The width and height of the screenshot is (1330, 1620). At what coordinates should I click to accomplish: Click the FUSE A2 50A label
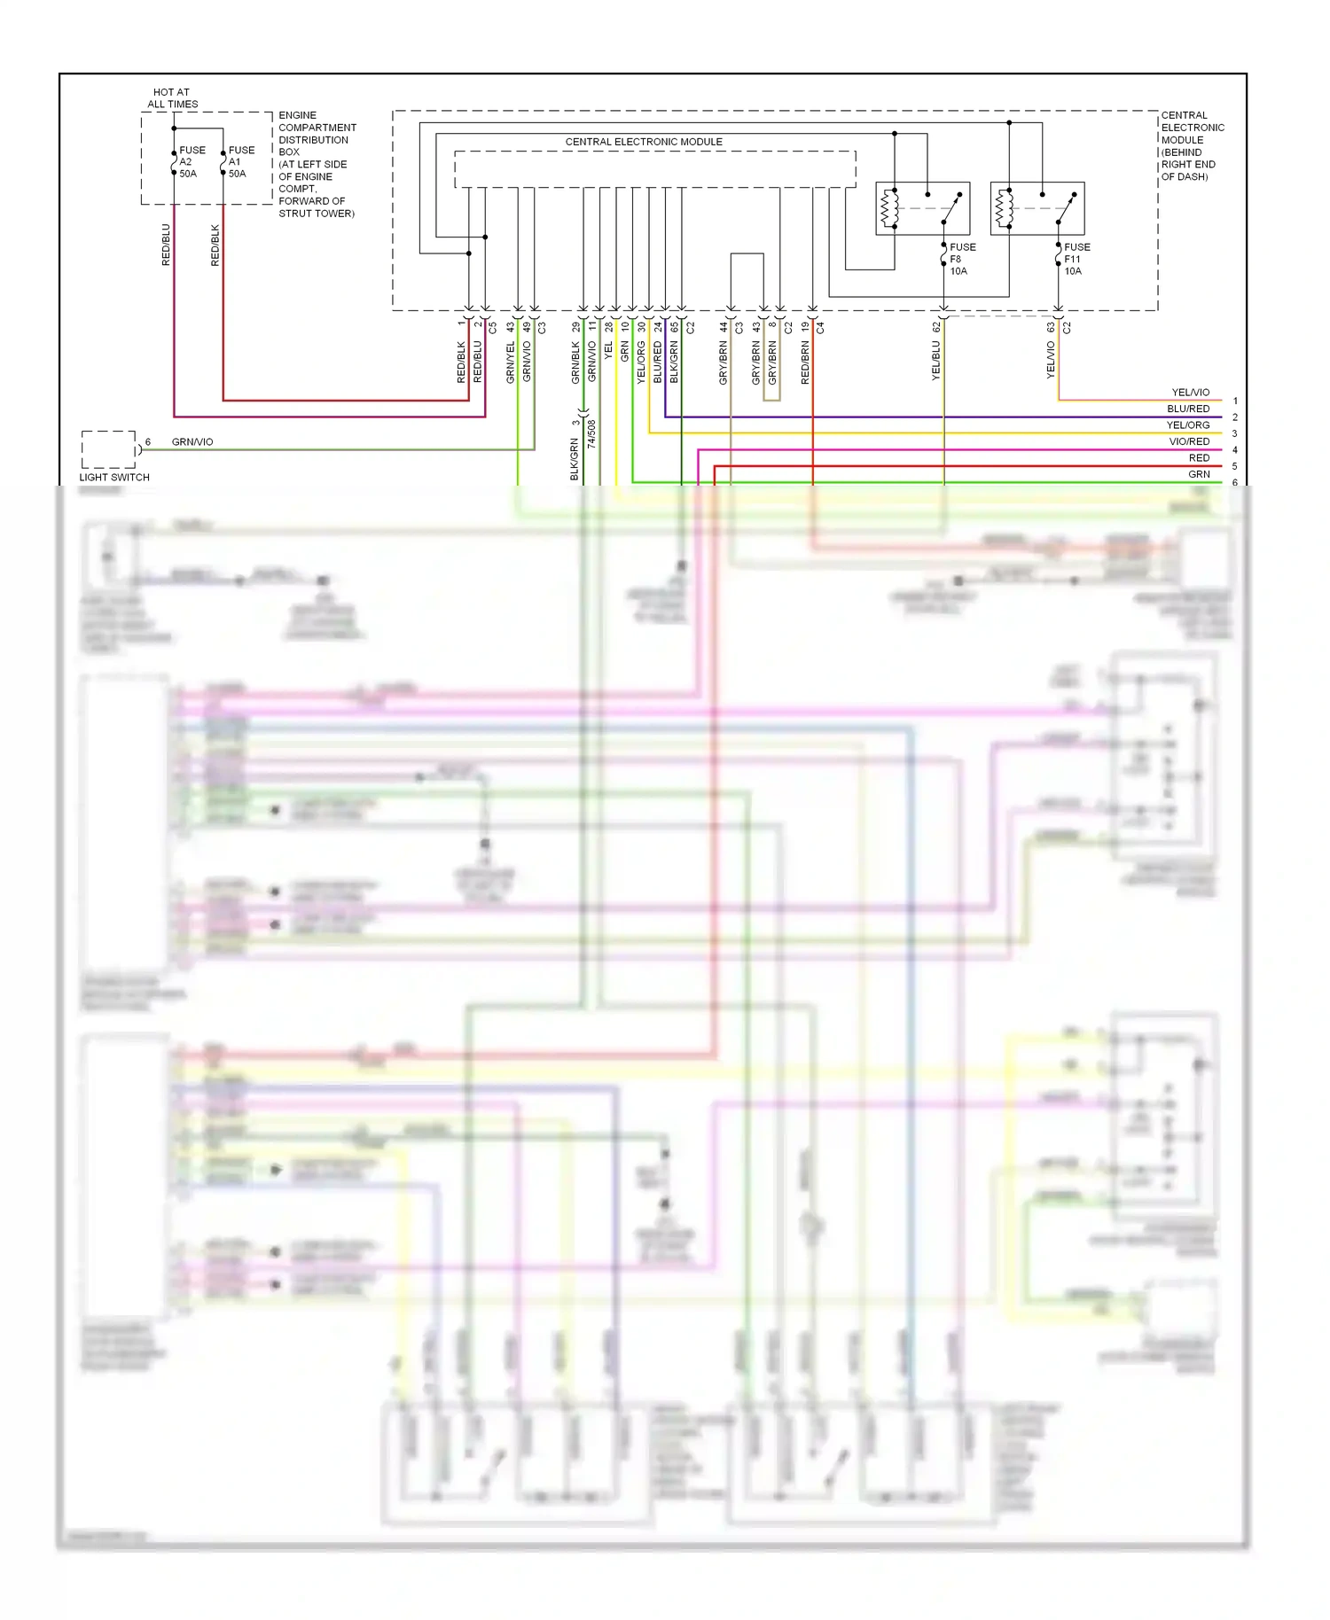point(191,162)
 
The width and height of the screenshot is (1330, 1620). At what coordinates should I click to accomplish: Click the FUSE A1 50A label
point(240,162)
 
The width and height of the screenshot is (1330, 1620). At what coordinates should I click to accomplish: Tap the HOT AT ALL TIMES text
point(172,98)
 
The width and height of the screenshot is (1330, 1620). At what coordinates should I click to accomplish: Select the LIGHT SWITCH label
point(114,477)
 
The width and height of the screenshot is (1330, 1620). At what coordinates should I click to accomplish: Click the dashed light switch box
point(108,449)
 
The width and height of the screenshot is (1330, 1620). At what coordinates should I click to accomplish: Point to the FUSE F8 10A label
point(961,259)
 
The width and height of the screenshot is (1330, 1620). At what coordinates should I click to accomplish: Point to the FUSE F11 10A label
point(1076,259)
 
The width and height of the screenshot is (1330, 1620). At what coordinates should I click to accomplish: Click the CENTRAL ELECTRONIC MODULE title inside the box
point(644,142)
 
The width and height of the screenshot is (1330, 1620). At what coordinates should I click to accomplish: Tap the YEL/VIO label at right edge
point(1190,393)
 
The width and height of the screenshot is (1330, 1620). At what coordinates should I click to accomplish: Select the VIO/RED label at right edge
point(1188,441)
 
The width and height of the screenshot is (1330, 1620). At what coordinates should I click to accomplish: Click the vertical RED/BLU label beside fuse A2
point(166,245)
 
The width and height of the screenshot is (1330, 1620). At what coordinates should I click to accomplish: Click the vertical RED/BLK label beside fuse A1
point(215,245)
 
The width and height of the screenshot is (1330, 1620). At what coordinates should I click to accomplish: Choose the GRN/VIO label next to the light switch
point(192,441)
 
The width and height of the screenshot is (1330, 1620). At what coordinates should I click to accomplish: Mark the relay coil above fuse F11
point(1004,208)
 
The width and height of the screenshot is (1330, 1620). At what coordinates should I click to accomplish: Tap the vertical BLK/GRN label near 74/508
point(574,460)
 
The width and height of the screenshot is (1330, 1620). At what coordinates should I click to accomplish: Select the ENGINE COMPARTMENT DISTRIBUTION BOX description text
point(317,164)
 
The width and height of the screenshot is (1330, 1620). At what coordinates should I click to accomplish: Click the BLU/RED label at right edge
point(1187,409)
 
